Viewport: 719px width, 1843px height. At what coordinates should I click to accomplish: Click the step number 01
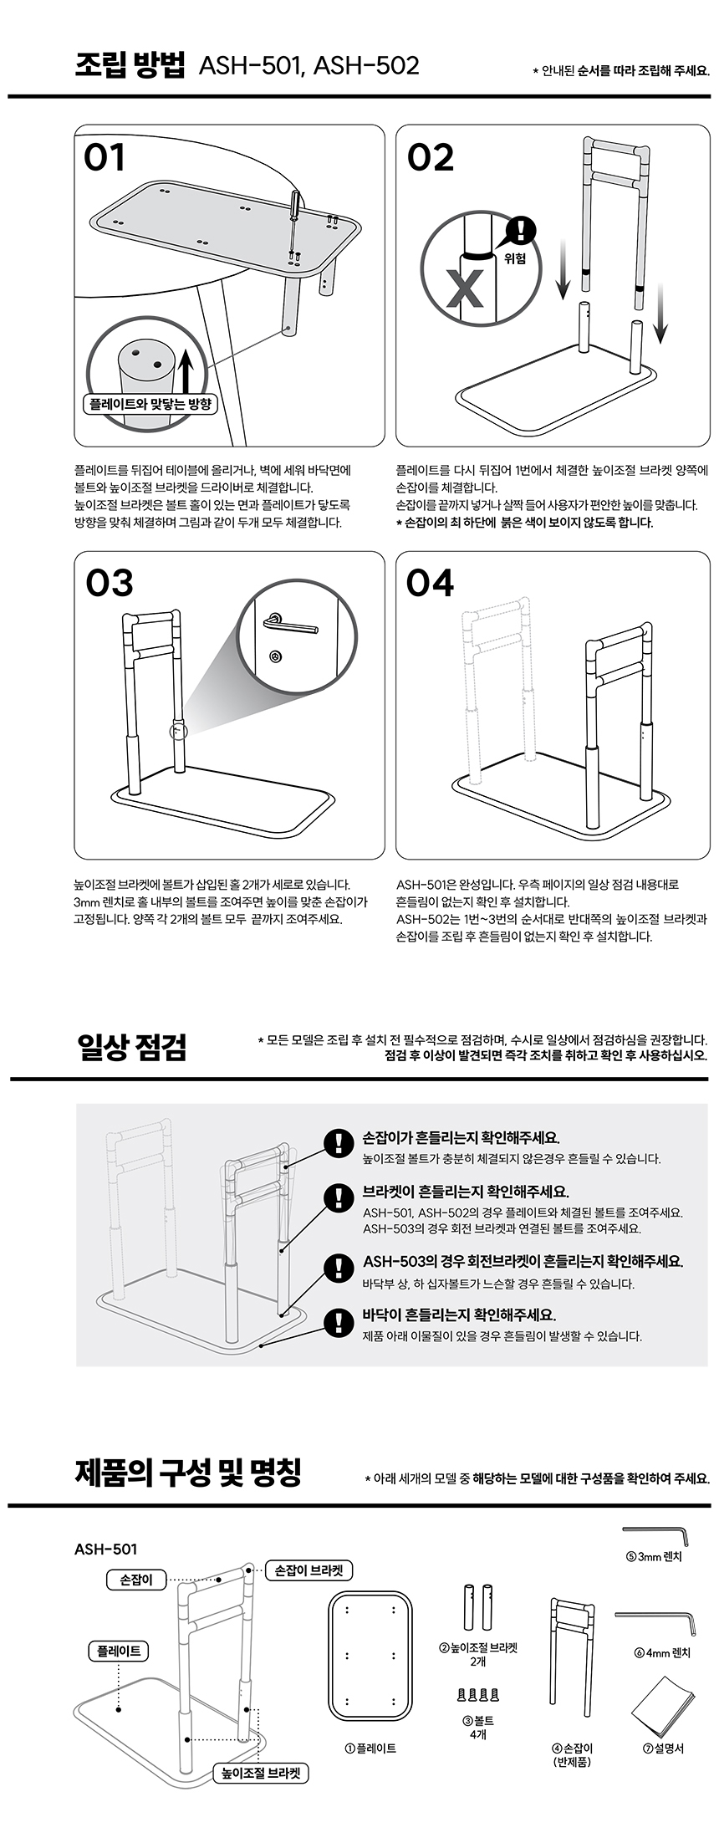point(105,158)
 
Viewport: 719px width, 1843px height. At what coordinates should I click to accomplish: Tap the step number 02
point(431,158)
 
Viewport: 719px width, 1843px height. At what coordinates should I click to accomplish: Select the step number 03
point(110,583)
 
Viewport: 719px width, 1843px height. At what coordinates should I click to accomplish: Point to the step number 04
point(431,583)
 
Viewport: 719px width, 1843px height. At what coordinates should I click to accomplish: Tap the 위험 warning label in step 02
point(516,258)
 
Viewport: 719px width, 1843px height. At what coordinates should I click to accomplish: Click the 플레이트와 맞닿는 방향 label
point(150,405)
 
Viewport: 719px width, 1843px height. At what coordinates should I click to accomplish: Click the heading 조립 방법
point(130,65)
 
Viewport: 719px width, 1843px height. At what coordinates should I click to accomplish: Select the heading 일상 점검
point(131,1046)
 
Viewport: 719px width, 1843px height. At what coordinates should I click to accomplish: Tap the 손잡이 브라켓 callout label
point(309,1570)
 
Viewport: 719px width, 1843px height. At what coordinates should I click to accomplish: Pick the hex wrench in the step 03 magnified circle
point(289,623)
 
